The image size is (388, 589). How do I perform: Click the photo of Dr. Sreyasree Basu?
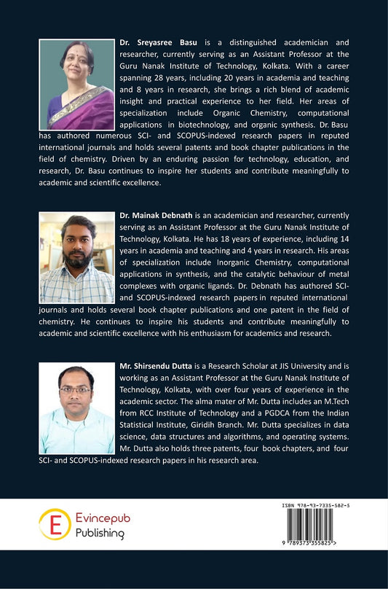tap(76, 85)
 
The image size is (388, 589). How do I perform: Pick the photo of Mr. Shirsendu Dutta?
tap(76, 408)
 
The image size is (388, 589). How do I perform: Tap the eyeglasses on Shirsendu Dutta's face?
tap(76, 389)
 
